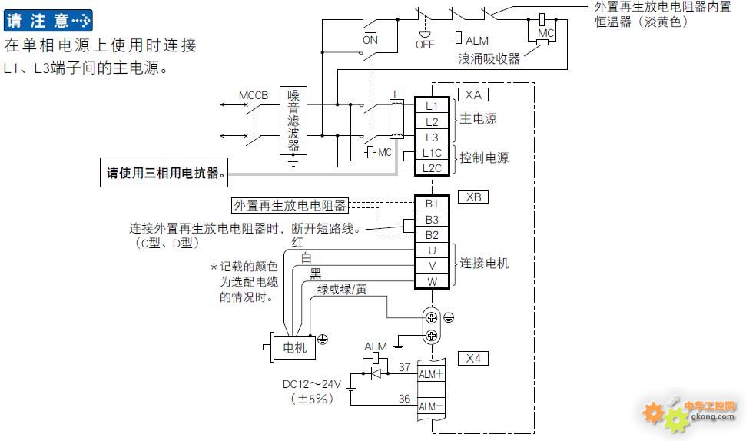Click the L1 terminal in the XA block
[x=432, y=105]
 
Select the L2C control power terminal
[x=432, y=168]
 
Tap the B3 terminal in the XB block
[x=432, y=219]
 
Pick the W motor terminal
[x=432, y=281]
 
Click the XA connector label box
[x=473, y=94]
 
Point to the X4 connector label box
[x=473, y=358]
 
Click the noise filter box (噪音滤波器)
[x=293, y=121]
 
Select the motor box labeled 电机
[x=294, y=347]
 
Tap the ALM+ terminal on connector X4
[x=431, y=374]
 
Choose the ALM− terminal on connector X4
[x=431, y=406]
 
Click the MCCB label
[x=253, y=95]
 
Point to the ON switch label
[x=370, y=40]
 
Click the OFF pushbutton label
[x=425, y=45]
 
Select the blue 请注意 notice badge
[x=48, y=21]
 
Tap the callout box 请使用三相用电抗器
[x=164, y=173]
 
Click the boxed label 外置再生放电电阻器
[x=290, y=205]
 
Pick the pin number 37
[x=404, y=366]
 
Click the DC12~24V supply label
[x=312, y=384]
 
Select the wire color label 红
[x=297, y=243]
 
